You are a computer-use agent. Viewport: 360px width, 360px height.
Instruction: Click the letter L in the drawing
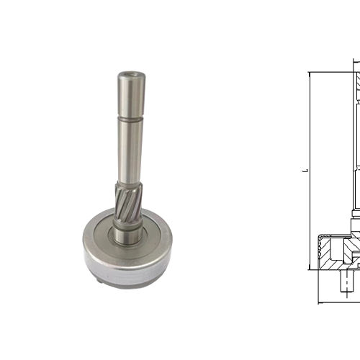(x=305, y=171)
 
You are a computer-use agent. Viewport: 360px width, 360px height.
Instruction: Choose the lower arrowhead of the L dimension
(x=309, y=268)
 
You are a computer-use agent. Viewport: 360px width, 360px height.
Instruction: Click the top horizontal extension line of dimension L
(x=331, y=71)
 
